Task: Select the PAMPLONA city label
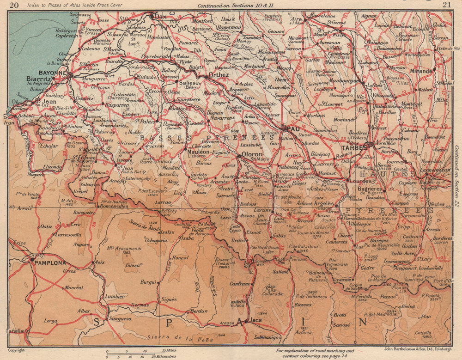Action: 49,262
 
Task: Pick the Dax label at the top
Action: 160,16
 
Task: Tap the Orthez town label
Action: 219,74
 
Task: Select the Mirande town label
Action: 421,71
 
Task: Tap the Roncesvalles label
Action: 112,207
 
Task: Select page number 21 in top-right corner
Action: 446,5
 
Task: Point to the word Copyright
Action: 17,350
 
